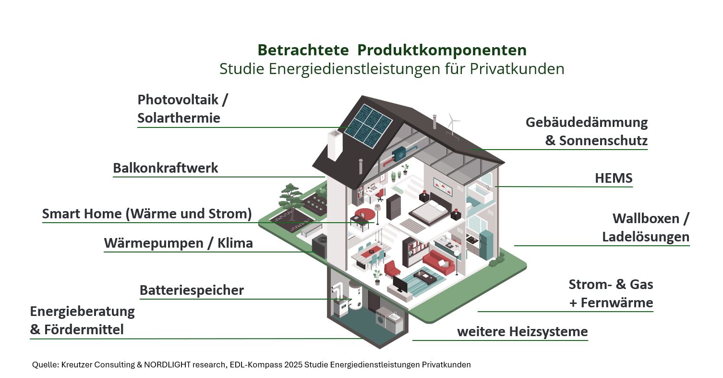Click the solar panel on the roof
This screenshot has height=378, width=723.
369,126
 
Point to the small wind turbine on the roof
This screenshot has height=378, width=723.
452,124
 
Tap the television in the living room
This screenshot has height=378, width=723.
400,285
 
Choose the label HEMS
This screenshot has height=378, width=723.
614,178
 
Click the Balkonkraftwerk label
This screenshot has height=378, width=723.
165,168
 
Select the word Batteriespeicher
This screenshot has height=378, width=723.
192,290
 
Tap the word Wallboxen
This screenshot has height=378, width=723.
646,219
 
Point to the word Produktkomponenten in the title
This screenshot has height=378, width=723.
442,50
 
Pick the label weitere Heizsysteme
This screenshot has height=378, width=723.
522,331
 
